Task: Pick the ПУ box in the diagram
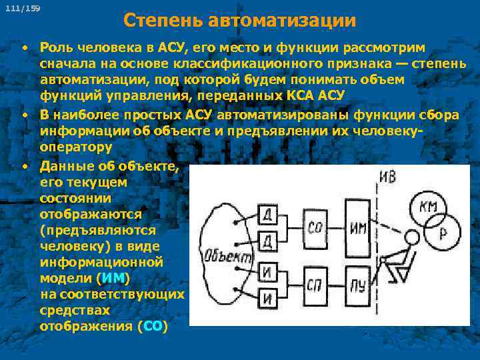point(357,285)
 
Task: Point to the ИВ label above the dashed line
point(388,177)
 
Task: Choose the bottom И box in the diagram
point(267,297)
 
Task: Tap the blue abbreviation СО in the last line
point(152,327)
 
